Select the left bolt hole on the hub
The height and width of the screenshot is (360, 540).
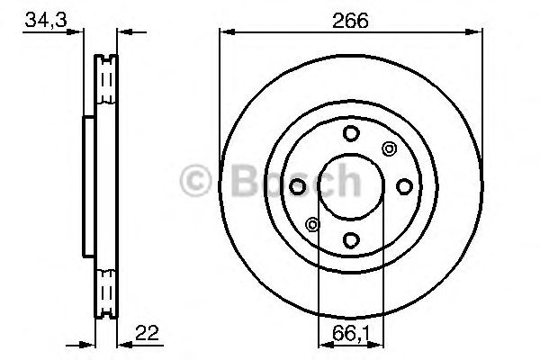tap(298, 186)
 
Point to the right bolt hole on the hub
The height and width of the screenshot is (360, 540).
tap(404, 186)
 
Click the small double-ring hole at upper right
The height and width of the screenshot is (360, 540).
tap(389, 149)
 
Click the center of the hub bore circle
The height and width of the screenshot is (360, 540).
tap(351, 186)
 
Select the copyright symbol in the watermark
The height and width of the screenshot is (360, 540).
tap(195, 181)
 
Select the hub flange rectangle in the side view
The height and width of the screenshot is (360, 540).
tap(87, 186)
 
